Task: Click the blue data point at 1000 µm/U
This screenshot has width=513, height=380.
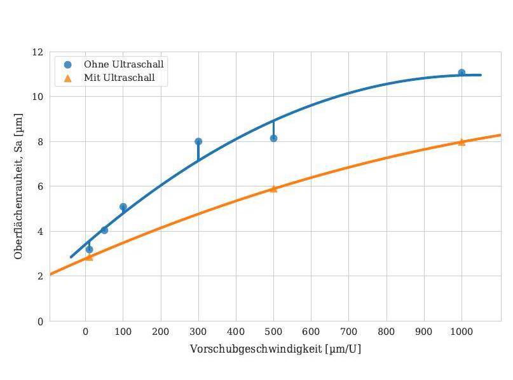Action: [x=462, y=73]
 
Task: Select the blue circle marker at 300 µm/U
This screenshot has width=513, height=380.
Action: [x=198, y=141]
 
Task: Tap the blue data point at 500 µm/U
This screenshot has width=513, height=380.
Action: [x=273, y=138]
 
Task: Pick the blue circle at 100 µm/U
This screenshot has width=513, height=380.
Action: [x=123, y=207]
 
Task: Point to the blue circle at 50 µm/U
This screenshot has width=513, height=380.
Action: [x=104, y=230]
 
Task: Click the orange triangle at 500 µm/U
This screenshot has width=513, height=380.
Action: [x=273, y=188]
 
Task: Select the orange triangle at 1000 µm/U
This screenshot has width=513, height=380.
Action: [x=462, y=142]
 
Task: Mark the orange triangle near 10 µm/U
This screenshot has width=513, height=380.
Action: [x=89, y=257]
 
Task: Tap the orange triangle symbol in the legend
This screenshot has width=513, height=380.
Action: [x=68, y=78]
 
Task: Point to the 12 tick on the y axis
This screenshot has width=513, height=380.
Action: [x=38, y=52]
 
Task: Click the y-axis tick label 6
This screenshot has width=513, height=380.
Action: [x=41, y=186]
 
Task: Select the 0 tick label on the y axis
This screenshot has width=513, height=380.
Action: [x=41, y=321]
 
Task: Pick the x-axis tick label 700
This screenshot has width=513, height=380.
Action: [x=349, y=332]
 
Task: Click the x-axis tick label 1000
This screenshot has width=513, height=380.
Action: [x=462, y=332]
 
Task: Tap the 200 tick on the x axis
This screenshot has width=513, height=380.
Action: [x=161, y=332]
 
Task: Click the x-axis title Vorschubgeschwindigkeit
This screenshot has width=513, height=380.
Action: [x=275, y=349]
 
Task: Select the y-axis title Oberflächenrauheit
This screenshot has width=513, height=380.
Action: [x=19, y=186]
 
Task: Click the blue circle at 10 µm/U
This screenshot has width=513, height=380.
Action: [x=89, y=249]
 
